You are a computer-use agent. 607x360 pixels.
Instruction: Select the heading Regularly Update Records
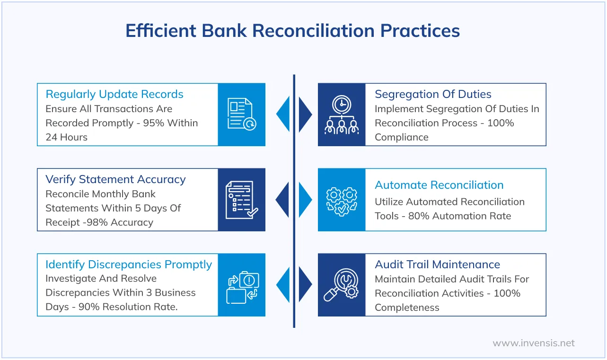[x=114, y=94]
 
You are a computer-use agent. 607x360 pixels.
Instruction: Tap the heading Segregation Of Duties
[x=433, y=94]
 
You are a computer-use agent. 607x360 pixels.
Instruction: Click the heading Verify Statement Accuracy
[x=115, y=179]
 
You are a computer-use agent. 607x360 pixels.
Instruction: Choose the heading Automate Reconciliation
[x=439, y=185]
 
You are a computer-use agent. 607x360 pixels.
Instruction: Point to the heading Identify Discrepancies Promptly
[x=129, y=264]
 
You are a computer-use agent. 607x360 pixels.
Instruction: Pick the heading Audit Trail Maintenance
[x=437, y=264]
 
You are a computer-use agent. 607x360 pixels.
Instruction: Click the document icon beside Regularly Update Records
[x=242, y=114]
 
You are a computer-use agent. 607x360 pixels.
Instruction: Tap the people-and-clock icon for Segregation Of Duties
[x=342, y=114]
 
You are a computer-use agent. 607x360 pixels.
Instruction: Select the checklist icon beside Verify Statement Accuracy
[x=242, y=200]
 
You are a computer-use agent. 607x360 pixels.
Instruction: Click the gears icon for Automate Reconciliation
[x=342, y=200]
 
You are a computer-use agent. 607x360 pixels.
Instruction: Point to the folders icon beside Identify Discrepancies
[x=242, y=285]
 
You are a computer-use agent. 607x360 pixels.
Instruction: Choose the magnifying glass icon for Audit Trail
[x=342, y=285]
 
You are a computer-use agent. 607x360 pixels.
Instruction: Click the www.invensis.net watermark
[x=534, y=343]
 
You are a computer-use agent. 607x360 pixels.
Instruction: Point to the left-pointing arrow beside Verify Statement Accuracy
[x=282, y=200]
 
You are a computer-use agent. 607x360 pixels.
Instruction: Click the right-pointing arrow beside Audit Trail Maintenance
[x=306, y=285]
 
